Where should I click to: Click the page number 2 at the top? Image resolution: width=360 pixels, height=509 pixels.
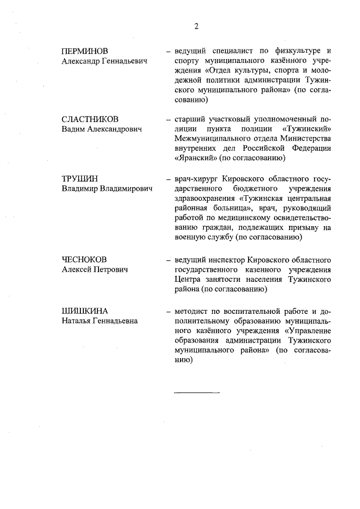196,26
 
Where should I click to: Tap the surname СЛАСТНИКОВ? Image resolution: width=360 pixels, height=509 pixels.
90,119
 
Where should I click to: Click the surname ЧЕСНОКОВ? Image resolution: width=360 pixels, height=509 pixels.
84,259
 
